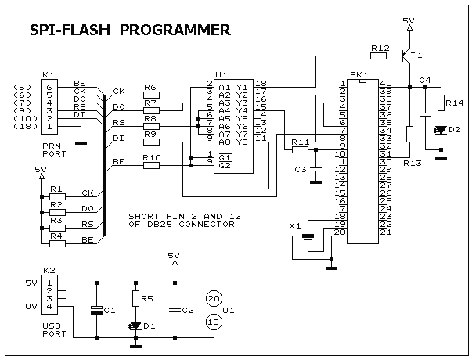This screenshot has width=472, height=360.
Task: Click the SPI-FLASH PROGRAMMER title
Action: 129,30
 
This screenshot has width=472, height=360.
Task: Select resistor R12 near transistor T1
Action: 379,56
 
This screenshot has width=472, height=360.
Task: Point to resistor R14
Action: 441,103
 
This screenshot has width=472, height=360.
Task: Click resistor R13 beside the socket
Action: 409,133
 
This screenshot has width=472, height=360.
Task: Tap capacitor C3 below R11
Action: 315,168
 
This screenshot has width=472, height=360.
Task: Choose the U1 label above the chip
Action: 222,74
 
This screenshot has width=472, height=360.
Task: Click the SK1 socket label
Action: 361,75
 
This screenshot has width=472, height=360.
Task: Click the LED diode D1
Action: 135,325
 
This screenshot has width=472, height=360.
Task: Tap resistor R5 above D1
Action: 135,298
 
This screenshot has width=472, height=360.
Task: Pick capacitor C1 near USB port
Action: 95,309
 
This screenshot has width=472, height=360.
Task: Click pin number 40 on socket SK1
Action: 385,83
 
